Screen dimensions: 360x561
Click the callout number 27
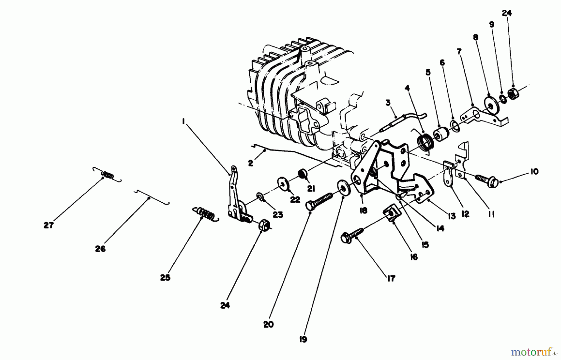[49, 225]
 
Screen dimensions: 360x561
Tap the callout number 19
[303, 339]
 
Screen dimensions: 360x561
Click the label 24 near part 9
[507, 13]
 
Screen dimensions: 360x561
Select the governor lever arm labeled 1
[234, 196]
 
